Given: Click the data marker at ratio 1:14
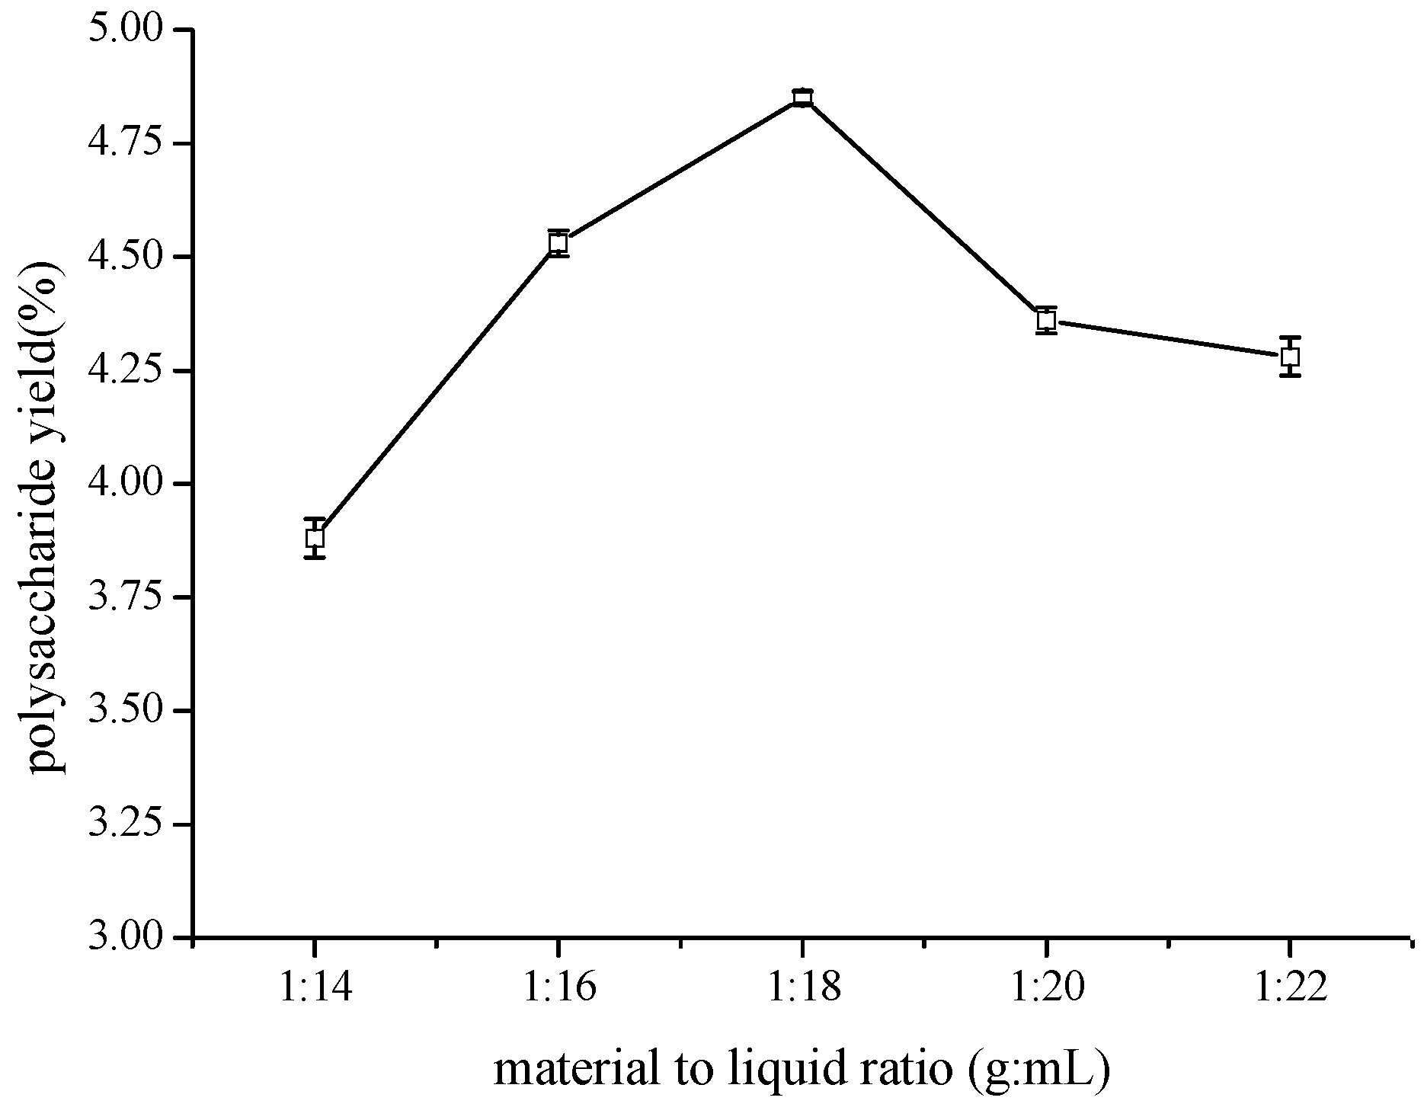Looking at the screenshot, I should click(x=315, y=538).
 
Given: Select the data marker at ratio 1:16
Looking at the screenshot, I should click(x=558, y=243).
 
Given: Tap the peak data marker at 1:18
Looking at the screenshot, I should click(x=802, y=98).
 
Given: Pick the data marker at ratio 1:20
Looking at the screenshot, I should click(x=1046, y=320).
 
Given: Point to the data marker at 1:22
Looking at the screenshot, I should click(x=1290, y=357).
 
